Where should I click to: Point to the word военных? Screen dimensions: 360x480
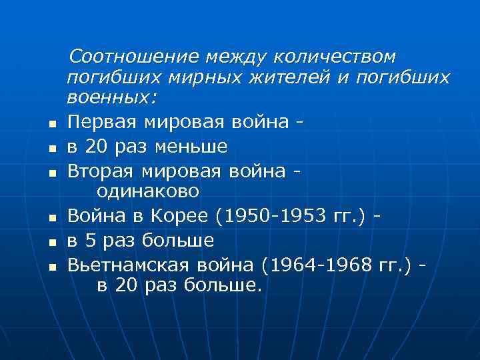click(x=111, y=99)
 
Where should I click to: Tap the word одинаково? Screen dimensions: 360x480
click(x=148, y=191)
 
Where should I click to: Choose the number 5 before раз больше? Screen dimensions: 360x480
click(x=92, y=239)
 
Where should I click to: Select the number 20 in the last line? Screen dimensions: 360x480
click(x=126, y=285)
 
